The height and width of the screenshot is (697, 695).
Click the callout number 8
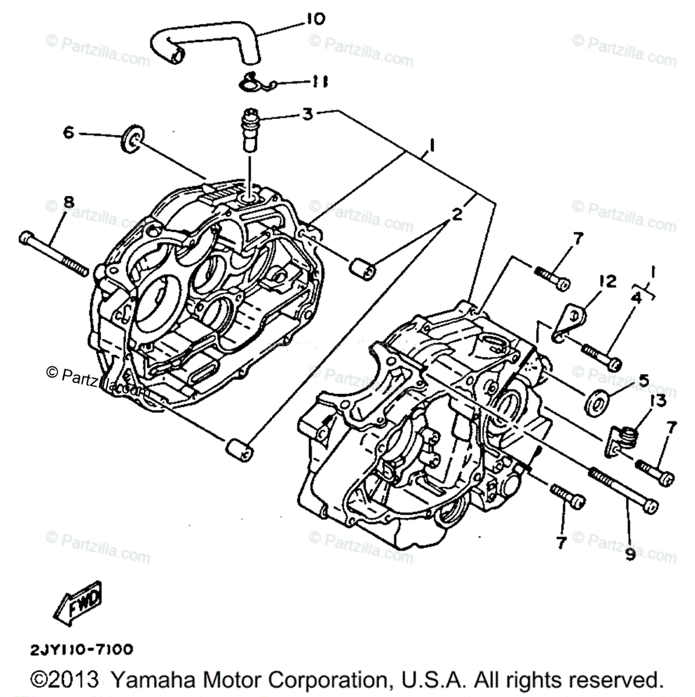(x=69, y=203)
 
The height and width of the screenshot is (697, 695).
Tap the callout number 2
(x=457, y=215)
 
